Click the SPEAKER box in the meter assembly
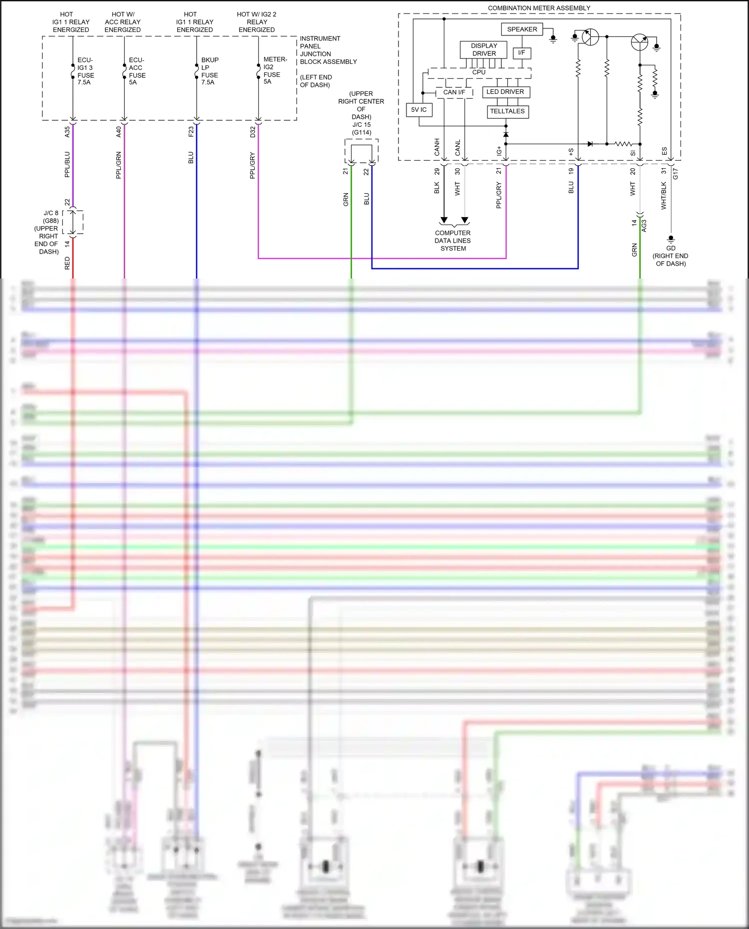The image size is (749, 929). (522, 29)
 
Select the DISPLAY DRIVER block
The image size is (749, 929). (483, 49)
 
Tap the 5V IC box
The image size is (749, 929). (419, 110)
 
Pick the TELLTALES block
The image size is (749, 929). (507, 111)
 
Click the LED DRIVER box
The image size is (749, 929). (505, 92)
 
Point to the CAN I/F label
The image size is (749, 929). (454, 92)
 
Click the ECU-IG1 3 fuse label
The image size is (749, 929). (85, 71)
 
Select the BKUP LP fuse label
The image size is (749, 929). (210, 71)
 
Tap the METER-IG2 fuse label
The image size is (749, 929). (274, 70)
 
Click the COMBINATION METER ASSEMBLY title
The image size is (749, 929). (539, 8)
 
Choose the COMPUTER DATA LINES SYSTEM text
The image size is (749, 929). (452, 241)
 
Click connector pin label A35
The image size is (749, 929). (67, 132)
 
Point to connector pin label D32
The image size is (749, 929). (253, 132)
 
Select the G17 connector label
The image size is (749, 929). (675, 173)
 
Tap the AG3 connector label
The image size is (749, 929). (644, 226)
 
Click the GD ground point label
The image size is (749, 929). (671, 248)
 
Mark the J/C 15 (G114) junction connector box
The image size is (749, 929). (361, 151)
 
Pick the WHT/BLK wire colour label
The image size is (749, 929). (664, 195)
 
